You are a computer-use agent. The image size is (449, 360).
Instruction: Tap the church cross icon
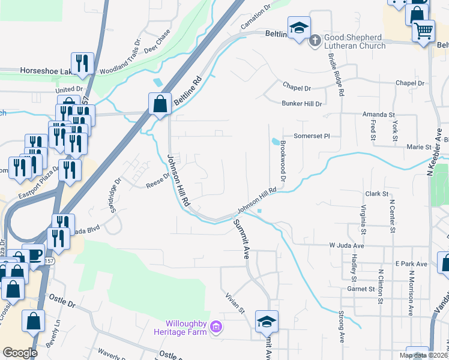315,41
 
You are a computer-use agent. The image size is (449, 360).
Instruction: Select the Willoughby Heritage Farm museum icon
217,328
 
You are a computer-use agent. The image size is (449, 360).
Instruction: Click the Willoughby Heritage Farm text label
187,328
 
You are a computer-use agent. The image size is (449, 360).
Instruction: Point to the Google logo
20,352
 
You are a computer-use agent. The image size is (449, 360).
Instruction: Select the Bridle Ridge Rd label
335,74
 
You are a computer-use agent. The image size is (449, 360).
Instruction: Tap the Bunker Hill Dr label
302,104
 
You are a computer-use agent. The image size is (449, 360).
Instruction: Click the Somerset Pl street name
312,136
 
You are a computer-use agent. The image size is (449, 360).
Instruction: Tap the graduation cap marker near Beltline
298,28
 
